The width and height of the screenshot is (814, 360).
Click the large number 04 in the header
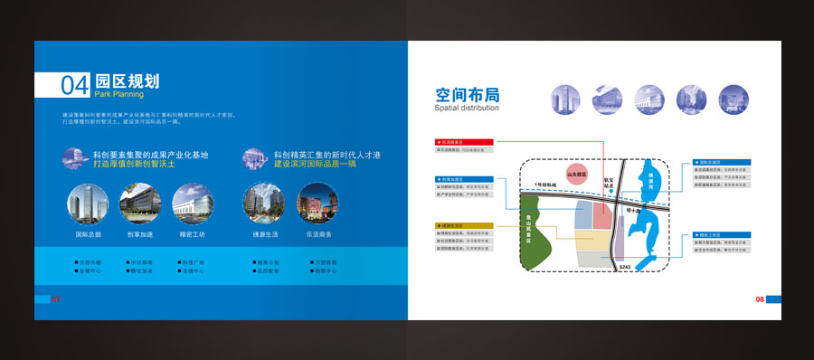coord(75,85)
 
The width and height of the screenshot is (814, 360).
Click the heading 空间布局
coord(467,95)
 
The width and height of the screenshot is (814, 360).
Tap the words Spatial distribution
coord(468,108)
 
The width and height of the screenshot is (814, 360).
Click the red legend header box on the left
coord(464,143)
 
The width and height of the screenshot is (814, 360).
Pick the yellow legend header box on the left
coord(464,226)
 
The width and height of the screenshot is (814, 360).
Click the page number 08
coord(760,299)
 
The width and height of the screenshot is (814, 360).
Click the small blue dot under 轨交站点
coord(610,202)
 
